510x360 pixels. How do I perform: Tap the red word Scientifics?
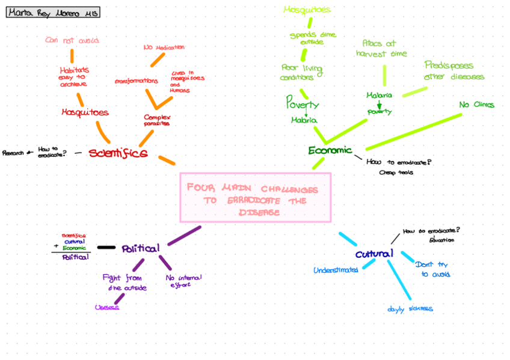[118, 153]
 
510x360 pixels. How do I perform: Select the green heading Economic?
[330, 150]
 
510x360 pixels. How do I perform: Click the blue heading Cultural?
[374, 254]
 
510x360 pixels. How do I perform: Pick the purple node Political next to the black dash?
[141, 248]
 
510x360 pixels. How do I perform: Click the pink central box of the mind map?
[256, 197]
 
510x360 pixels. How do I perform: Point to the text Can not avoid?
[72, 40]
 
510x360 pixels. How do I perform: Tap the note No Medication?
[164, 47]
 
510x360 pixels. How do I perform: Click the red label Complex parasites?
[157, 120]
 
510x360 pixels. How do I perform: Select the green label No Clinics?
[476, 105]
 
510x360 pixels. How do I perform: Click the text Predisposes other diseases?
[454, 71]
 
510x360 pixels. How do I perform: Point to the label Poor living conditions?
[301, 72]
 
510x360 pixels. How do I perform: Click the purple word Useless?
[107, 307]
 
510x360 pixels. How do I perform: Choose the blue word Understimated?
[336, 270]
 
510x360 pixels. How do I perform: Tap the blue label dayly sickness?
[410, 309]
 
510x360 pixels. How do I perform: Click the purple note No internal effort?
[184, 281]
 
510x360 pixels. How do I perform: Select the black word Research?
[13, 153]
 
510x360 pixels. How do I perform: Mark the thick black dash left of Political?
[106, 247]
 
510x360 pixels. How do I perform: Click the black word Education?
[442, 240]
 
